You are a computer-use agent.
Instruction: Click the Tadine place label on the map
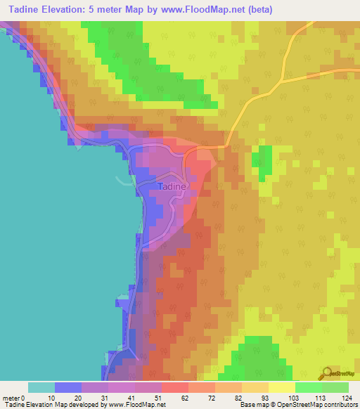point(172,187)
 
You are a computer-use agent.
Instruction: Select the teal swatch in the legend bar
point(41,387)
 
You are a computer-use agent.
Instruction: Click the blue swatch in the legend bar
point(68,387)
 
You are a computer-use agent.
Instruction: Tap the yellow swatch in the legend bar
point(282,387)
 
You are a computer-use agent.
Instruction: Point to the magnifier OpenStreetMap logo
point(326,372)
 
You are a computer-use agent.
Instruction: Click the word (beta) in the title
point(256,10)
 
